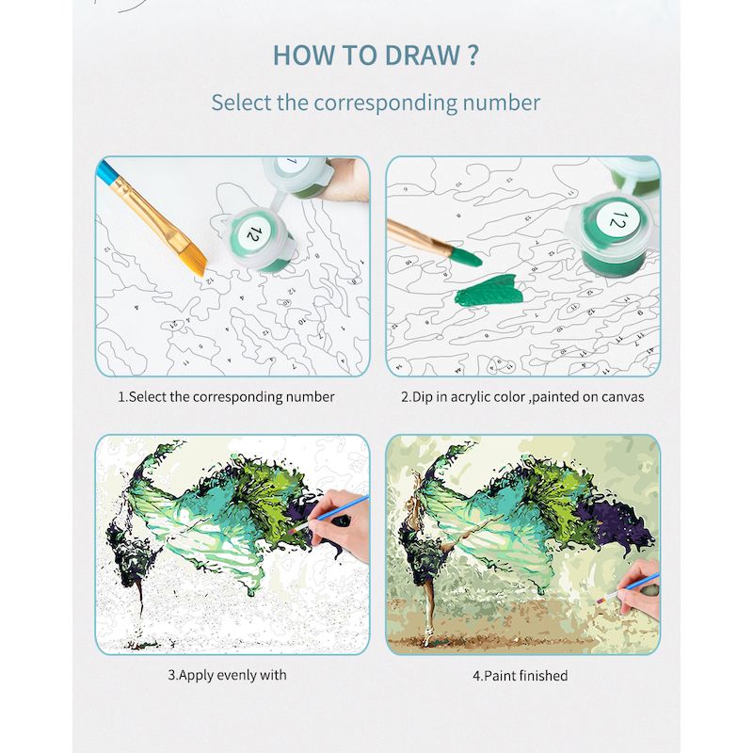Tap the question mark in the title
click(471, 55)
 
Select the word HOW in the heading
click(302, 55)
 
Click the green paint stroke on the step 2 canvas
click(488, 293)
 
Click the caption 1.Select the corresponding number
click(226, 396)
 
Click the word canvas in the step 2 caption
click(622, 396)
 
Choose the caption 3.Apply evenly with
click(227, 675)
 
